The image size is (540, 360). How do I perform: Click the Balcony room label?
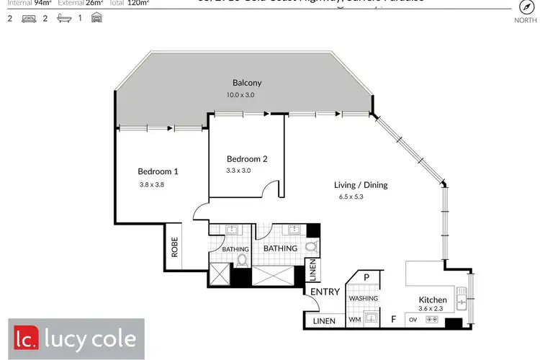point(247,83)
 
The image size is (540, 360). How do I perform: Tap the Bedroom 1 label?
point(158,171)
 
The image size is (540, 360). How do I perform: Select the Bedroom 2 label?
point(247,158)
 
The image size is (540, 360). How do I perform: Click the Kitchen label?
point(433,300)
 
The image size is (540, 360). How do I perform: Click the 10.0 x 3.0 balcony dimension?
point(240,95)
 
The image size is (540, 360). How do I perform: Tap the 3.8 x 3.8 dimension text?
point(153,185)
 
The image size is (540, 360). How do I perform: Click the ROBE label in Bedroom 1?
point(174,248)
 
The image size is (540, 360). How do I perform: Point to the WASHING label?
point(363,298)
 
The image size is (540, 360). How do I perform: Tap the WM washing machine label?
point(354,318)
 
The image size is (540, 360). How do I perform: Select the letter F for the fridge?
point(392,318)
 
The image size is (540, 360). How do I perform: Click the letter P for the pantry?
point(366,277)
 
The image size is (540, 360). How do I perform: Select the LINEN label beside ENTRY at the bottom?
point(323,321)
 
